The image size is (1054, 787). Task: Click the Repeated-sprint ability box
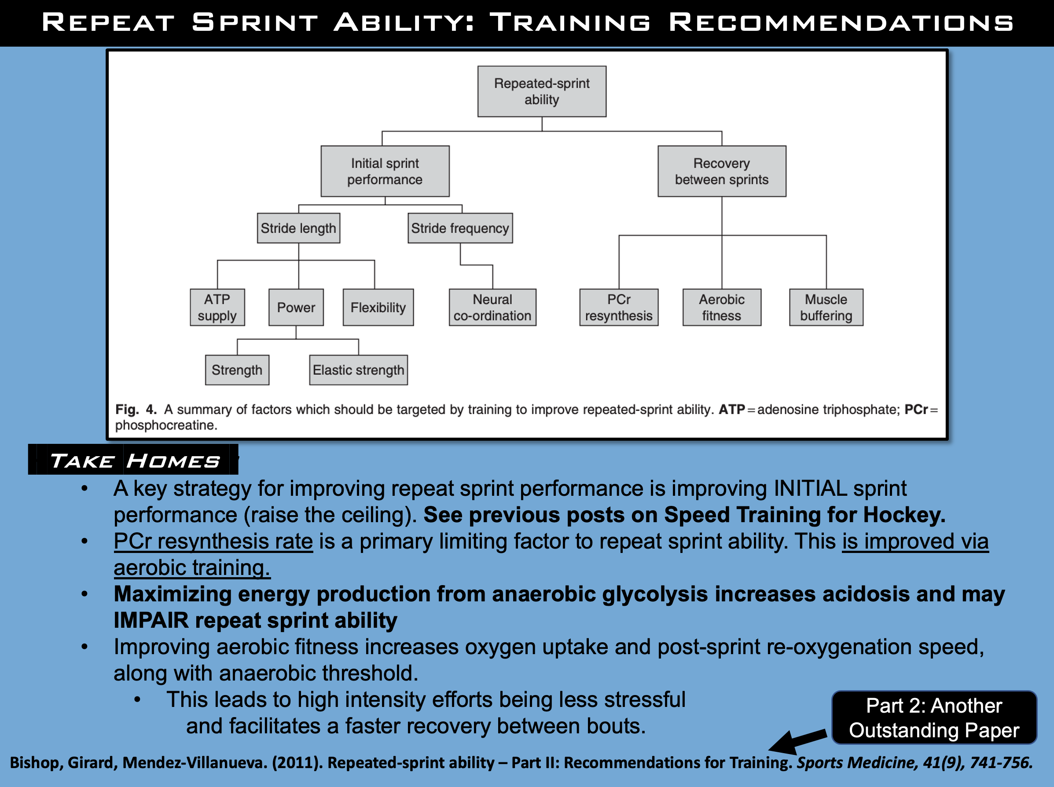(542, 92)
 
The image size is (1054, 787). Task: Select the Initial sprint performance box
(385, 172)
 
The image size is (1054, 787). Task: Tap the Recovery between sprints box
(721, 172)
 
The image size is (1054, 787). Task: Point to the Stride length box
(298, 228)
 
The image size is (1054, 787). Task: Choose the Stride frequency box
(460, 228)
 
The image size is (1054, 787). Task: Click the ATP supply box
(217, 307)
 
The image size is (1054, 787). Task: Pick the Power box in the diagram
(296, 307)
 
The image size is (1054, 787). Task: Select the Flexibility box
(378, 307)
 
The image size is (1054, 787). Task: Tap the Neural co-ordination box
(492, 307)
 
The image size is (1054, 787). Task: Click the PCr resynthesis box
(618, 307)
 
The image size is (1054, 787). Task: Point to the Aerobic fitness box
(721, 307)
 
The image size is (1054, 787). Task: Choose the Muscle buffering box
(826, 307)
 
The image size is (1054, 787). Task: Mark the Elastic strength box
(358, 370)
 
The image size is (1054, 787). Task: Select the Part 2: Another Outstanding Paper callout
(934, 718)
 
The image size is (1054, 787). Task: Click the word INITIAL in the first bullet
(810, 489)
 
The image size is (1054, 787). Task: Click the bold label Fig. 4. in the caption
(136, 410)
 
